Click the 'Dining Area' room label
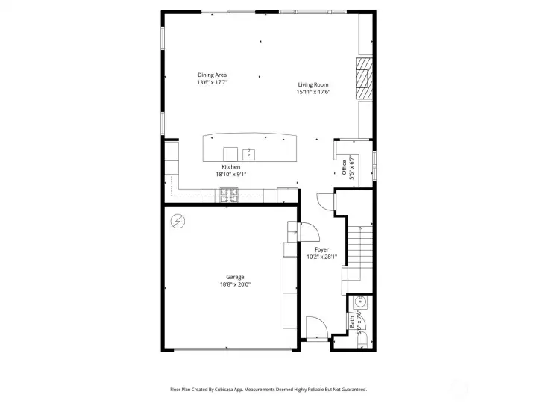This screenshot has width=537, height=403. pos(212,75)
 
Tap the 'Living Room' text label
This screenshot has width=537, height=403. pos(313,84)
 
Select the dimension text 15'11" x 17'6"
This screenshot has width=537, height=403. pos(313,92)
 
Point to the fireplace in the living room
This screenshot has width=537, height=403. pos(362,78)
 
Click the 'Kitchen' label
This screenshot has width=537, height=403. pos(230,166)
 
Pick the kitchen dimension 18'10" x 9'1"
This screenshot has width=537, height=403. pos(230,174)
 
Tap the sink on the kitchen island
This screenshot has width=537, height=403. pos(250,154)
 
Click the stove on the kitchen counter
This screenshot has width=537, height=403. pos(228,195)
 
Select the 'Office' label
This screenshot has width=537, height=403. pos(345,167)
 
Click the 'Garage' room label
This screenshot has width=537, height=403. pos(236,277)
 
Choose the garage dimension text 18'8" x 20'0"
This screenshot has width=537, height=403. pos(236,284)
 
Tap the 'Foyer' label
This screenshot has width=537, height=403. pos(321,249)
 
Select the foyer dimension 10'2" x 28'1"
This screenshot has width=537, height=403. pos(321,257)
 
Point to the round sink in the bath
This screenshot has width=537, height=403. pos(362,302)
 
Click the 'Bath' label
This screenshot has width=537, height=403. pos(352,322)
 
